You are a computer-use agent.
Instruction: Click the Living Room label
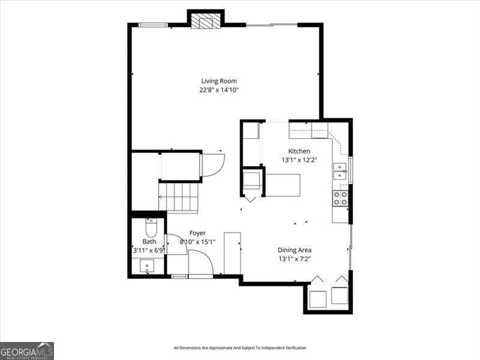219,81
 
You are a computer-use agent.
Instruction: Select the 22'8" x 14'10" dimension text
219,90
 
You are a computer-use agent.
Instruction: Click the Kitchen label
299,151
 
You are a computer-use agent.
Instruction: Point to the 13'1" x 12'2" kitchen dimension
299,160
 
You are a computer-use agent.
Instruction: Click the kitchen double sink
340,172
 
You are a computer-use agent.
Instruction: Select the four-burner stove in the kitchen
340,198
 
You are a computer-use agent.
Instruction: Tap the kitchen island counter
283,185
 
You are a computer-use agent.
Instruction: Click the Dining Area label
294,250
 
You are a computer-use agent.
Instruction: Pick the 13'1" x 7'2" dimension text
294,259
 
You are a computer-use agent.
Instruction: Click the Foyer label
197,233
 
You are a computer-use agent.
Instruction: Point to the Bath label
149,242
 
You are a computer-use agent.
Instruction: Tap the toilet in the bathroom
151,228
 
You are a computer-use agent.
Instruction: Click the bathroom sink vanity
147,266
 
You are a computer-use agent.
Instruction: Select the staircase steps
178,197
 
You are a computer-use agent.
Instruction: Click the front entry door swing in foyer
201,264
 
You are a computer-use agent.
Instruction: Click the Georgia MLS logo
27,350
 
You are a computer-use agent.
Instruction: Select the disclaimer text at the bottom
240,348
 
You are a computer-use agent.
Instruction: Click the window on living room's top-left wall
153,25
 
